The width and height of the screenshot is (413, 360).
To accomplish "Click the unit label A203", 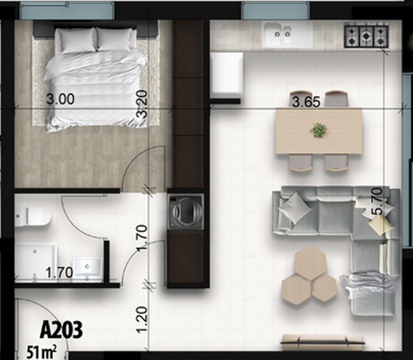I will [63, 331].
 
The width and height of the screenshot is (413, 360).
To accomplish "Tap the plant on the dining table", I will [319, 129].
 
